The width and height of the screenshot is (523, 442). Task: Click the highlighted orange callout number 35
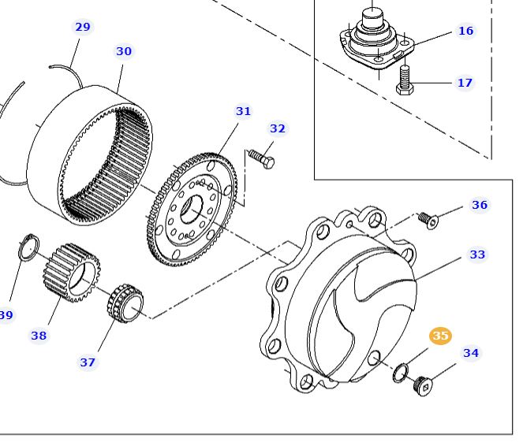tap(440, 336)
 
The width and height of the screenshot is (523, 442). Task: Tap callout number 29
tap(83, 27)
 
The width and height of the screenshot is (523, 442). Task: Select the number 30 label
tap(124, 51)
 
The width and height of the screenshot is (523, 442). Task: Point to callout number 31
tap(243, 111)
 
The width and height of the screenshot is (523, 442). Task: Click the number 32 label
tap(278, 128)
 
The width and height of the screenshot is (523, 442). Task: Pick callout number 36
tap(480, 205)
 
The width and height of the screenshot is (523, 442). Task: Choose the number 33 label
tap(477, 254)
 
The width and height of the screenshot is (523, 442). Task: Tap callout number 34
tap(471, 353)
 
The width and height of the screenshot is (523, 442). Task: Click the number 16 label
tap(466, 31)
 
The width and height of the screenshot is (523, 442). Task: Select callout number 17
tap(465, 82)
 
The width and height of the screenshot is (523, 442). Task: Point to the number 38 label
tap(39, 336)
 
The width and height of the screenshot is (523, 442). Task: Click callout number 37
tap(88, 362)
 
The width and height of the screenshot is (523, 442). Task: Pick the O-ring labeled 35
tap(402, 371)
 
